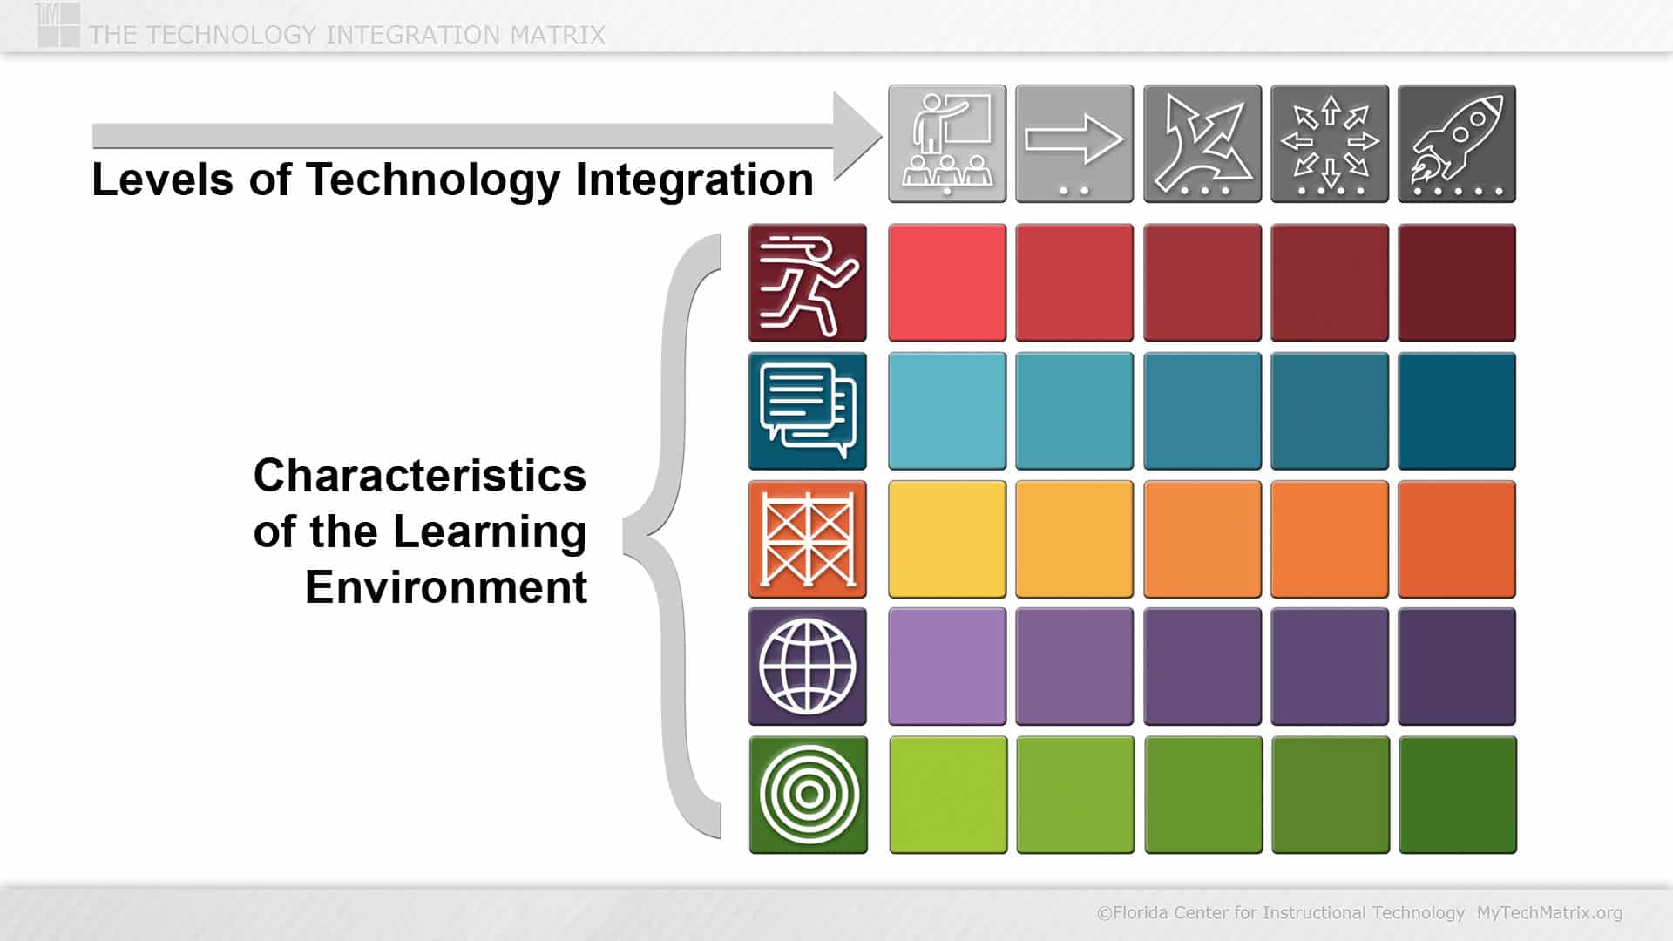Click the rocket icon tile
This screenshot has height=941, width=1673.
click(1457, 144)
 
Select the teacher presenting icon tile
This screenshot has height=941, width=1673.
click(947, 144)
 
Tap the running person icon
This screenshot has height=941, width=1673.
click(808, 283)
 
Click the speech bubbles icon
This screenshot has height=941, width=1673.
click(808, 411)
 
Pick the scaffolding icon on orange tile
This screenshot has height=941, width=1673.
click(808, 539)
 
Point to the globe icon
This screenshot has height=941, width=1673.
click(808, 667)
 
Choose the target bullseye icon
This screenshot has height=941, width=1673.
click(808, 795)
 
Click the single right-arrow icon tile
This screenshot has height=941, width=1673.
click(1074, 144)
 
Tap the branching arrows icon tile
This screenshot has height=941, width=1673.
click(1202, 144)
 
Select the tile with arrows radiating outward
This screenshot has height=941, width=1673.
click(1330, 144)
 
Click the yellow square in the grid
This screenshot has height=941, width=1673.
click(947, 539)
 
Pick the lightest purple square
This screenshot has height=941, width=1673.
click(947, 667)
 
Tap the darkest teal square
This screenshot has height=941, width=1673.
click(1457, 411)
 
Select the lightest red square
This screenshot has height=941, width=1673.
click(947, 283)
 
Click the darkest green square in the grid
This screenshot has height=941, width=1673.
click(1457, 795)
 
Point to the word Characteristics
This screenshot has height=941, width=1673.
click(420, 476)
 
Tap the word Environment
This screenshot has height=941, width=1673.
click(446, 587)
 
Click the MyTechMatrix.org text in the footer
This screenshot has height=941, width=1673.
click(1549, 913)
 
